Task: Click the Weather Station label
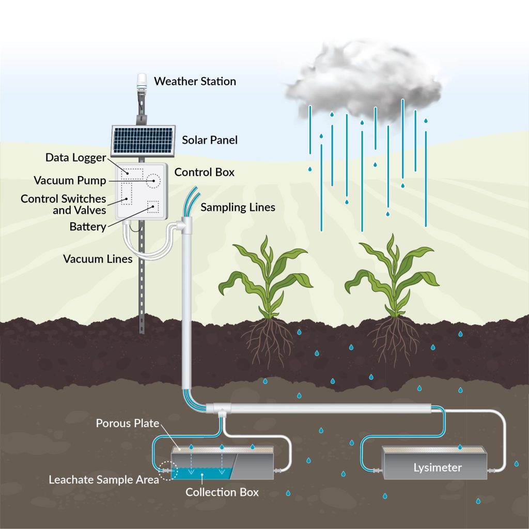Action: (x=195, y=82)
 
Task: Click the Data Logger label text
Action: (x=75, y=158)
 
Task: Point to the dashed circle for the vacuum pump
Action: (x=153, y=181)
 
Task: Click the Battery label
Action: (x=88, y=226)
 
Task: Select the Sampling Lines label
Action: (x=238, y=208)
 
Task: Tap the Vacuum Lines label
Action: (x=98, y=258)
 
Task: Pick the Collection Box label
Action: (x=222, y=492)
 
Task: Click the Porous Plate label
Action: (x=128, y=424)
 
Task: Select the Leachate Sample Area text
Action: (x=103, y=479)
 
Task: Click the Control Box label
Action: (x=205, y=172)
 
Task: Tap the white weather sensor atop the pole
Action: (x=142, y=80)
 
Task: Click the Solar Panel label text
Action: (x=210, y=140)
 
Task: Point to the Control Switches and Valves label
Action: (x=64, y=205)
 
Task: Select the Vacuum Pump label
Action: (x=70, y=180)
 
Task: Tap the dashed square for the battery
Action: (x=153, y=207)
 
